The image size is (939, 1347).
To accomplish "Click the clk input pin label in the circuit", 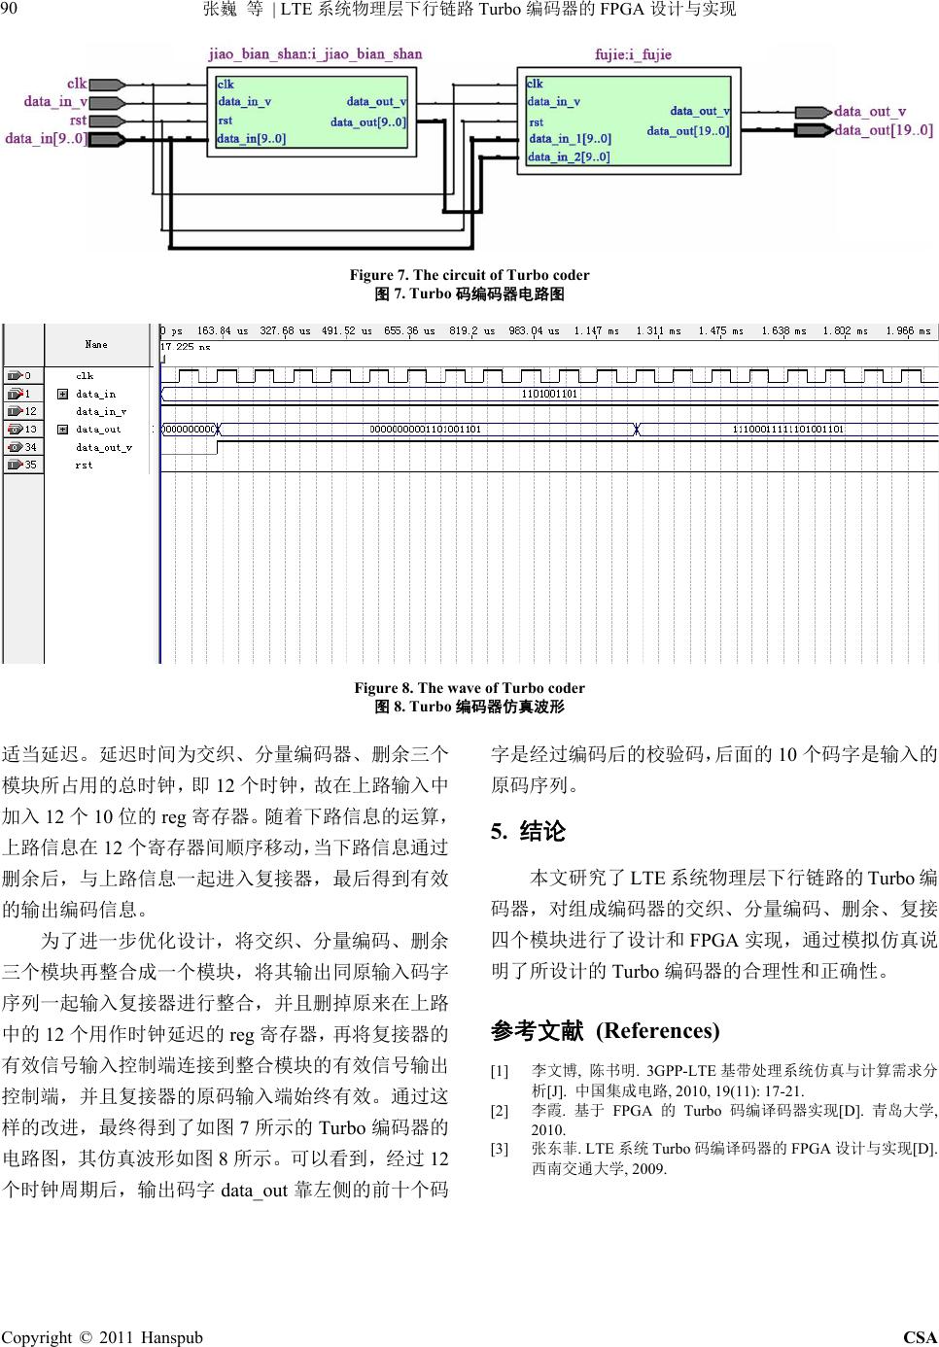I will click(76, 84).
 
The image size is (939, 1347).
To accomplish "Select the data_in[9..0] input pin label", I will click(46, 139).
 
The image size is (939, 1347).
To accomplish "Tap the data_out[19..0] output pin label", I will click(883, 130).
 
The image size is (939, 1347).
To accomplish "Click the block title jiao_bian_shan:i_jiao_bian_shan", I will click(315, 53).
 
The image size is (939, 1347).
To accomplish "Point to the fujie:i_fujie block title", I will click(633, 54).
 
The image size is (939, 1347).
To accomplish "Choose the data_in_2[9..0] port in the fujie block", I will click(569, 156).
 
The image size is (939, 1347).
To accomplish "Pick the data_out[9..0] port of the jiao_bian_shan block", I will click(368, 122).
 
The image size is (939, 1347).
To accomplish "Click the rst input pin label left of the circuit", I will click(78, 121).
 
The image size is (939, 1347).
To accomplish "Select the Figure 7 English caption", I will click(469, 275).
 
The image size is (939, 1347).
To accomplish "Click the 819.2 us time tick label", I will click(471, 331).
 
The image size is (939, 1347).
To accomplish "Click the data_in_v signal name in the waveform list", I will click(101, 411).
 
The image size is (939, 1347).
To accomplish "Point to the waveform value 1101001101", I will click(549, 394).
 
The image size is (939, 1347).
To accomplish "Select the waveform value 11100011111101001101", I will click(787, 429).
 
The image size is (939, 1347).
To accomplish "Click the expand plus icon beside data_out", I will click(62, 429).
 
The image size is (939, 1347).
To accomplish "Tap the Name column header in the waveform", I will click(96, 344).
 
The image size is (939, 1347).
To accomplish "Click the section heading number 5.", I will click(498, 831).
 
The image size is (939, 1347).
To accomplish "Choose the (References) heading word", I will click(657, 1030).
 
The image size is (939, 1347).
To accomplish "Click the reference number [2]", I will click(500, 1110).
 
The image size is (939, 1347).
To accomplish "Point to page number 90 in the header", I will click(10, 10).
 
